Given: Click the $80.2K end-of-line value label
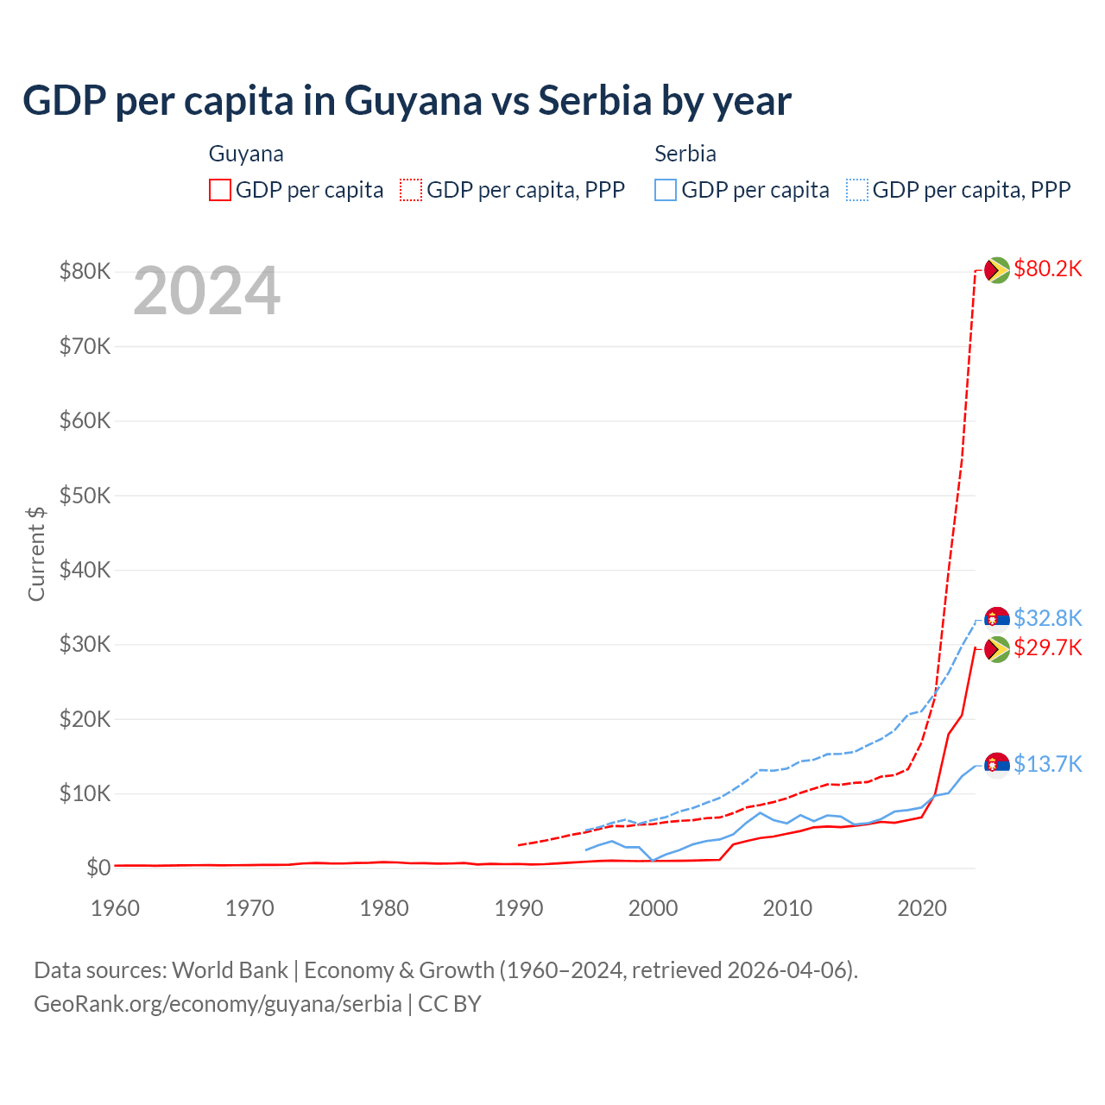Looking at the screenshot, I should (1047, 269).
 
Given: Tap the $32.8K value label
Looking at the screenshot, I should (1047, 618).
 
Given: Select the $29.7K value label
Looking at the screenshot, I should (1047, 647).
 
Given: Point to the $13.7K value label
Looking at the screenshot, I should (1047, 764).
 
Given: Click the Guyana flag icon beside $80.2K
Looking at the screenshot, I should (997, 270).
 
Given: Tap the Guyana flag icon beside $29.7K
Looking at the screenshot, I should (997, 649).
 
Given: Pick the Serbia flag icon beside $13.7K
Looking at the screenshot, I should (997, 765).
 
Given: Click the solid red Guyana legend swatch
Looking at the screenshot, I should (220, 190).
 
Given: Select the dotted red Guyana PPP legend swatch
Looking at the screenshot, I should (411, 190).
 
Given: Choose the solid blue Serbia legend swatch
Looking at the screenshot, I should (666, 190).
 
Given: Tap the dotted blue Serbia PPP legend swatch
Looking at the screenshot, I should (856, 190).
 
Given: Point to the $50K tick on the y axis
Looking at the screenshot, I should (85, 496).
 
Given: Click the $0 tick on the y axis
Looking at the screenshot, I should (98, 868).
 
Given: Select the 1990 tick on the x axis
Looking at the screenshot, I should (519, 908).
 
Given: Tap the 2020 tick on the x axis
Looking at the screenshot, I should (922, 908).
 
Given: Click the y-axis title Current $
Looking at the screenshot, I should (36, 553).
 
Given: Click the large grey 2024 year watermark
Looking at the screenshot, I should (206, 292).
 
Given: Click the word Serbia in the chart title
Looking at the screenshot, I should (595, 101).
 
